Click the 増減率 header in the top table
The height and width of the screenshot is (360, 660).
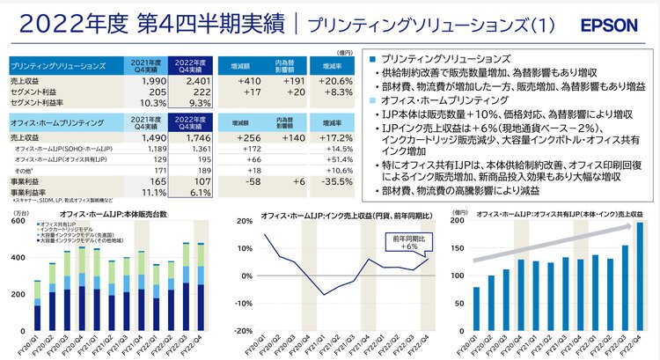coord(332,63)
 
